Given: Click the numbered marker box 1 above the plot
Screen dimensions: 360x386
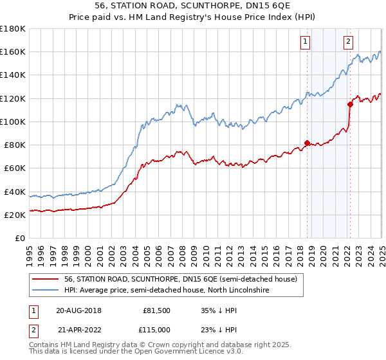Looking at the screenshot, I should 304,42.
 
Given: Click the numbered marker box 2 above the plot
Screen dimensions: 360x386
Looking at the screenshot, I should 348,42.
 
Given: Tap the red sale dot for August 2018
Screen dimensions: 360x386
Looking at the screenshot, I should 307,143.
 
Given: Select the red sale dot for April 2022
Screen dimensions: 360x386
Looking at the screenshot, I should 351,104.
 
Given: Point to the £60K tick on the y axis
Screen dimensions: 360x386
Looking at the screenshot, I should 15,168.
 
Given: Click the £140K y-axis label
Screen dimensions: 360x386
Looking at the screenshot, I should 13,75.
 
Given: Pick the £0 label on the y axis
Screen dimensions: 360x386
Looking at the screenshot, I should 20,238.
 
